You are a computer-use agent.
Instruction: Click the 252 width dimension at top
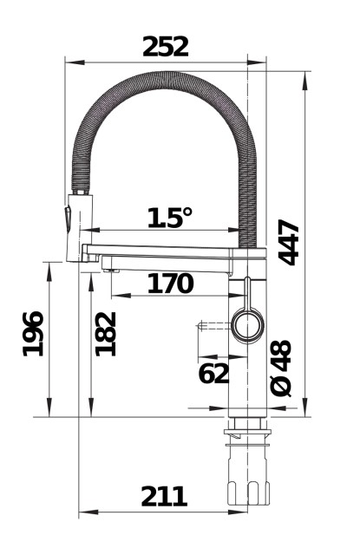[x=166, y=47]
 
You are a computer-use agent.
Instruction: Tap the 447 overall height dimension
[x=289, y=242]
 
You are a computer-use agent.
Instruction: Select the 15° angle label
[x=170, y=218]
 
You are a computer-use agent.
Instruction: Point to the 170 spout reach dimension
[x=170, y=283]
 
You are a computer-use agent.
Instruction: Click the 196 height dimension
[x=33, y=334]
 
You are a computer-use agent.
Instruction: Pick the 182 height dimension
[x=106, y=334]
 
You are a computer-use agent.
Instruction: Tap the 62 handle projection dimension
[x=213, y=373]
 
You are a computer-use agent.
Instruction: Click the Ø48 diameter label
[x=281, y=369]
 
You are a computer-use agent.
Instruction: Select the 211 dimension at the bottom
[x=164, y=497]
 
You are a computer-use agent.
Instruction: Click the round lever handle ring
[x=248, y=324]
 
